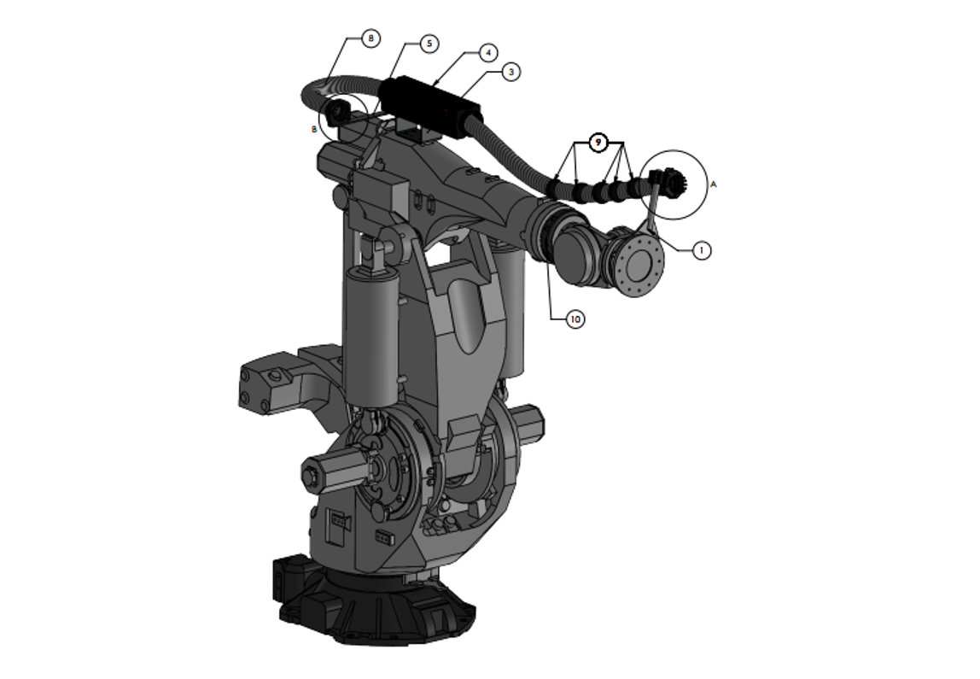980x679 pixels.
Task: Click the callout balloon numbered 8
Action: [x=370, y=38]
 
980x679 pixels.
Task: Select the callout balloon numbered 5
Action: [x=429, y=44]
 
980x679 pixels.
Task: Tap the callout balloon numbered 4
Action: [x=488, y=53]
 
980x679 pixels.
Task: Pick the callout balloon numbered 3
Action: [x=511, y=72]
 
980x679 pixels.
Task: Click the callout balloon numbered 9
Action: [x=598, y=143]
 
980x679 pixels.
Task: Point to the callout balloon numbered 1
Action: [x=701, y=251]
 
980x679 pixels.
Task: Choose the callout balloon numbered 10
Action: [x=575, y=319]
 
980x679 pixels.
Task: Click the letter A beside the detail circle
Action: [x=714, y=184]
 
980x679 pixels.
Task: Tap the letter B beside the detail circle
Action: [x=314, y=130]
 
